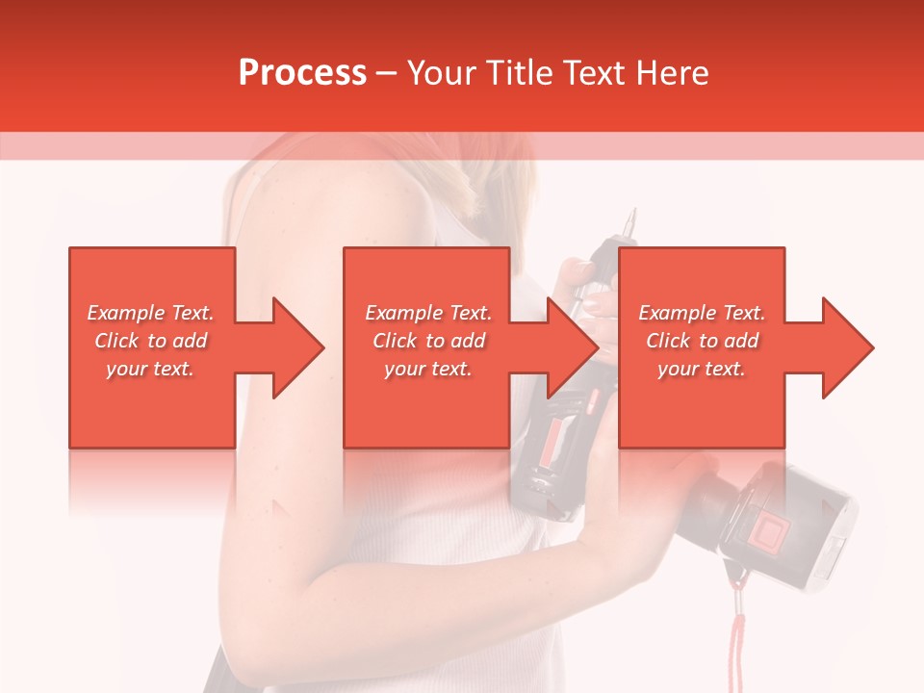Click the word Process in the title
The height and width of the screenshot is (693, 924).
[302, 73]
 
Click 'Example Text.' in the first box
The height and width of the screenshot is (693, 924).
[150, 313]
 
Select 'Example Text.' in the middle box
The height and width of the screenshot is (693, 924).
[428, 313]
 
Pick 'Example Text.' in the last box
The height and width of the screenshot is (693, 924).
[702, 313]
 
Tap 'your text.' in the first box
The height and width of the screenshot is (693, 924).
[150, 369]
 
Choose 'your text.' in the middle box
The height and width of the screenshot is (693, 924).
[428, 369]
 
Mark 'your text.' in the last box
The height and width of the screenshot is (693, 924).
[702, 369]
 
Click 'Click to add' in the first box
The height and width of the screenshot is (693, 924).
[150, 341]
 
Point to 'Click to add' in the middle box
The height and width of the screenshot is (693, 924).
[428, 341]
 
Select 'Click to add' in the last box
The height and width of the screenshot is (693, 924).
[702, 341]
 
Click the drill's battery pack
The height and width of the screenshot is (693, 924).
[789, 525]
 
